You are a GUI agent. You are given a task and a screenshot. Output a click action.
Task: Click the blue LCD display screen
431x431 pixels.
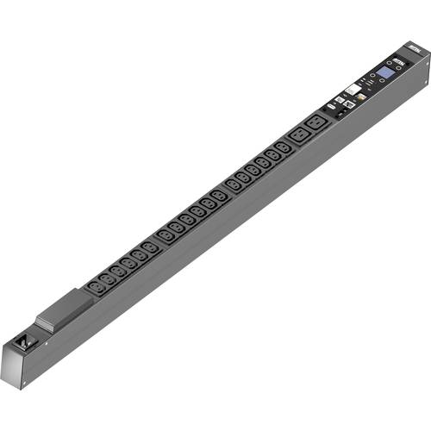tap(385, 72)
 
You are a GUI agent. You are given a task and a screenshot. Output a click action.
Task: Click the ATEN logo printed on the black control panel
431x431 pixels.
tap(399, 62)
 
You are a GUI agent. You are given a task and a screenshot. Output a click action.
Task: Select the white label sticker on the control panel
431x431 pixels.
tap(353, 89)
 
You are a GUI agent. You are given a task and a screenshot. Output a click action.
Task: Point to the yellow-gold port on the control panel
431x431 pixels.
tap(362, 97)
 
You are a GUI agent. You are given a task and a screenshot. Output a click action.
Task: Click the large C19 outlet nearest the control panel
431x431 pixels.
tap(316, 122)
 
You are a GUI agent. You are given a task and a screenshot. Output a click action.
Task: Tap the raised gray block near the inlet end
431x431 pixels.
tap(64, 309)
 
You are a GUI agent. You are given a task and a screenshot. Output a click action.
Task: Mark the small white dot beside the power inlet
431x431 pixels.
tap(47, 343)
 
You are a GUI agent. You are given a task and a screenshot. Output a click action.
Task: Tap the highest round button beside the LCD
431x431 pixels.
tap(390, 63)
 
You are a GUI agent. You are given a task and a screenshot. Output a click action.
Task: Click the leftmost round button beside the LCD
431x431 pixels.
tap(372, 75)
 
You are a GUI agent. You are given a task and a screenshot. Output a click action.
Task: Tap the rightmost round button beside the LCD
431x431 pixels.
tap(398, 67)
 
